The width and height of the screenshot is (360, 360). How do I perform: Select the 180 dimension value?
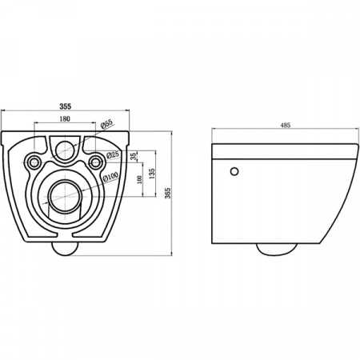[x=66, y=120]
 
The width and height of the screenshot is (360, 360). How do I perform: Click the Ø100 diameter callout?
[x=108, y=178]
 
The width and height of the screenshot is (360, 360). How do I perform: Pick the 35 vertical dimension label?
[x=133, y=156]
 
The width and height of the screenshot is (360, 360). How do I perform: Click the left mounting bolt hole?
[x=34, y=162]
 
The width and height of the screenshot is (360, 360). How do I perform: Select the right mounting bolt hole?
[x=97, y=162]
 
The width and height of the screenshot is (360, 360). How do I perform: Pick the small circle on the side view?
[x=234, y=171]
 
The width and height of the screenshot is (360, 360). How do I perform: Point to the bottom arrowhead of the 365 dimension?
[x=172, y=254]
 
